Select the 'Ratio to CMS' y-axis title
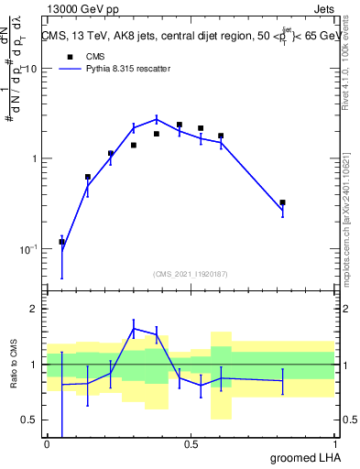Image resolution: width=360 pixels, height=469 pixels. [x=16, y=365]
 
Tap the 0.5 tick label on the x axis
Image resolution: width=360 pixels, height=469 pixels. [x=191, y=444]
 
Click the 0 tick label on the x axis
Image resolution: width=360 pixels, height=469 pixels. [x=47, y=444]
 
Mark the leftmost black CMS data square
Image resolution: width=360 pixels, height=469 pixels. [x=61, y=242]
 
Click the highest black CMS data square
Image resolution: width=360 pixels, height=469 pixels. [x=180, y=125]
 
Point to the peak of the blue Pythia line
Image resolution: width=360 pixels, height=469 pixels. [x=157, y=118]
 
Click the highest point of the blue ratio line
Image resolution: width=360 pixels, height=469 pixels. [x=134, y=328]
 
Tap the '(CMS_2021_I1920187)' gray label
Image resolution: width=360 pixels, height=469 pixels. [x=191, y=273]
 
